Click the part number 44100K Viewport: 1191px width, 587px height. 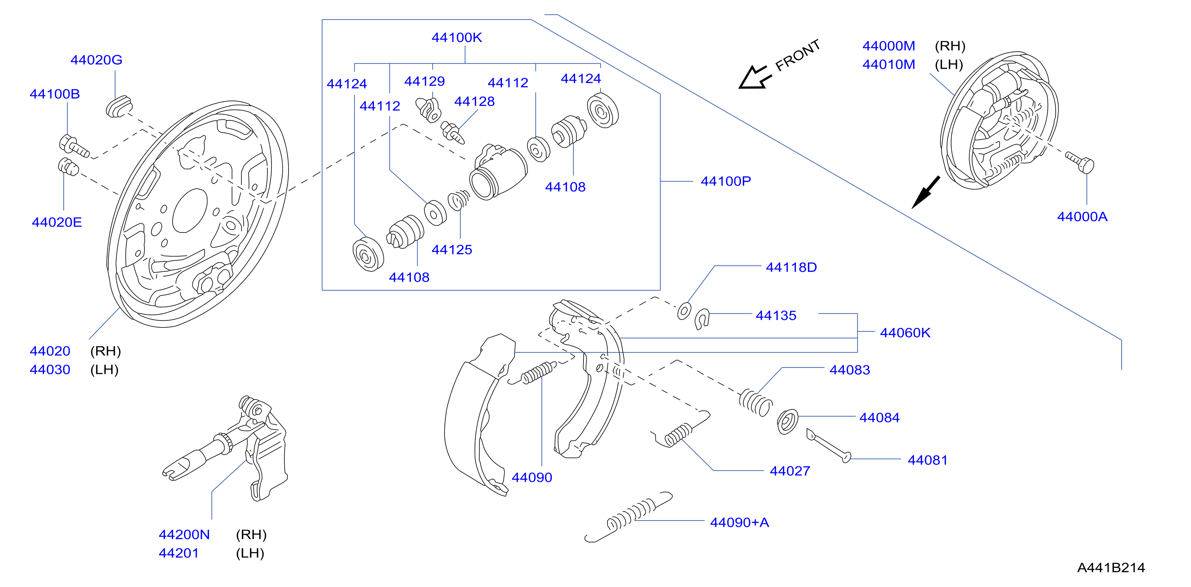tap(456, 38)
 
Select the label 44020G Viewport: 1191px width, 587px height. tap(96, 60)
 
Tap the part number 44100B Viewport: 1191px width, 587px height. tap(55, 94)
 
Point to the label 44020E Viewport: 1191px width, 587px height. tap(57, 222)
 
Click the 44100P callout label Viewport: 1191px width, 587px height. tap(726, 181)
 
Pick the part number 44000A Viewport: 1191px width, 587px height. tap(1082, 217)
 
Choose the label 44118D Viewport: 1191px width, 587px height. tap(792, 267)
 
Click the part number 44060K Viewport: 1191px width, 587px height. tap(905, 333)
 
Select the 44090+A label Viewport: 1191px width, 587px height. tap(740, 522)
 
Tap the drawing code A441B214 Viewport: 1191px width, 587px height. tap(1111, 568)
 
